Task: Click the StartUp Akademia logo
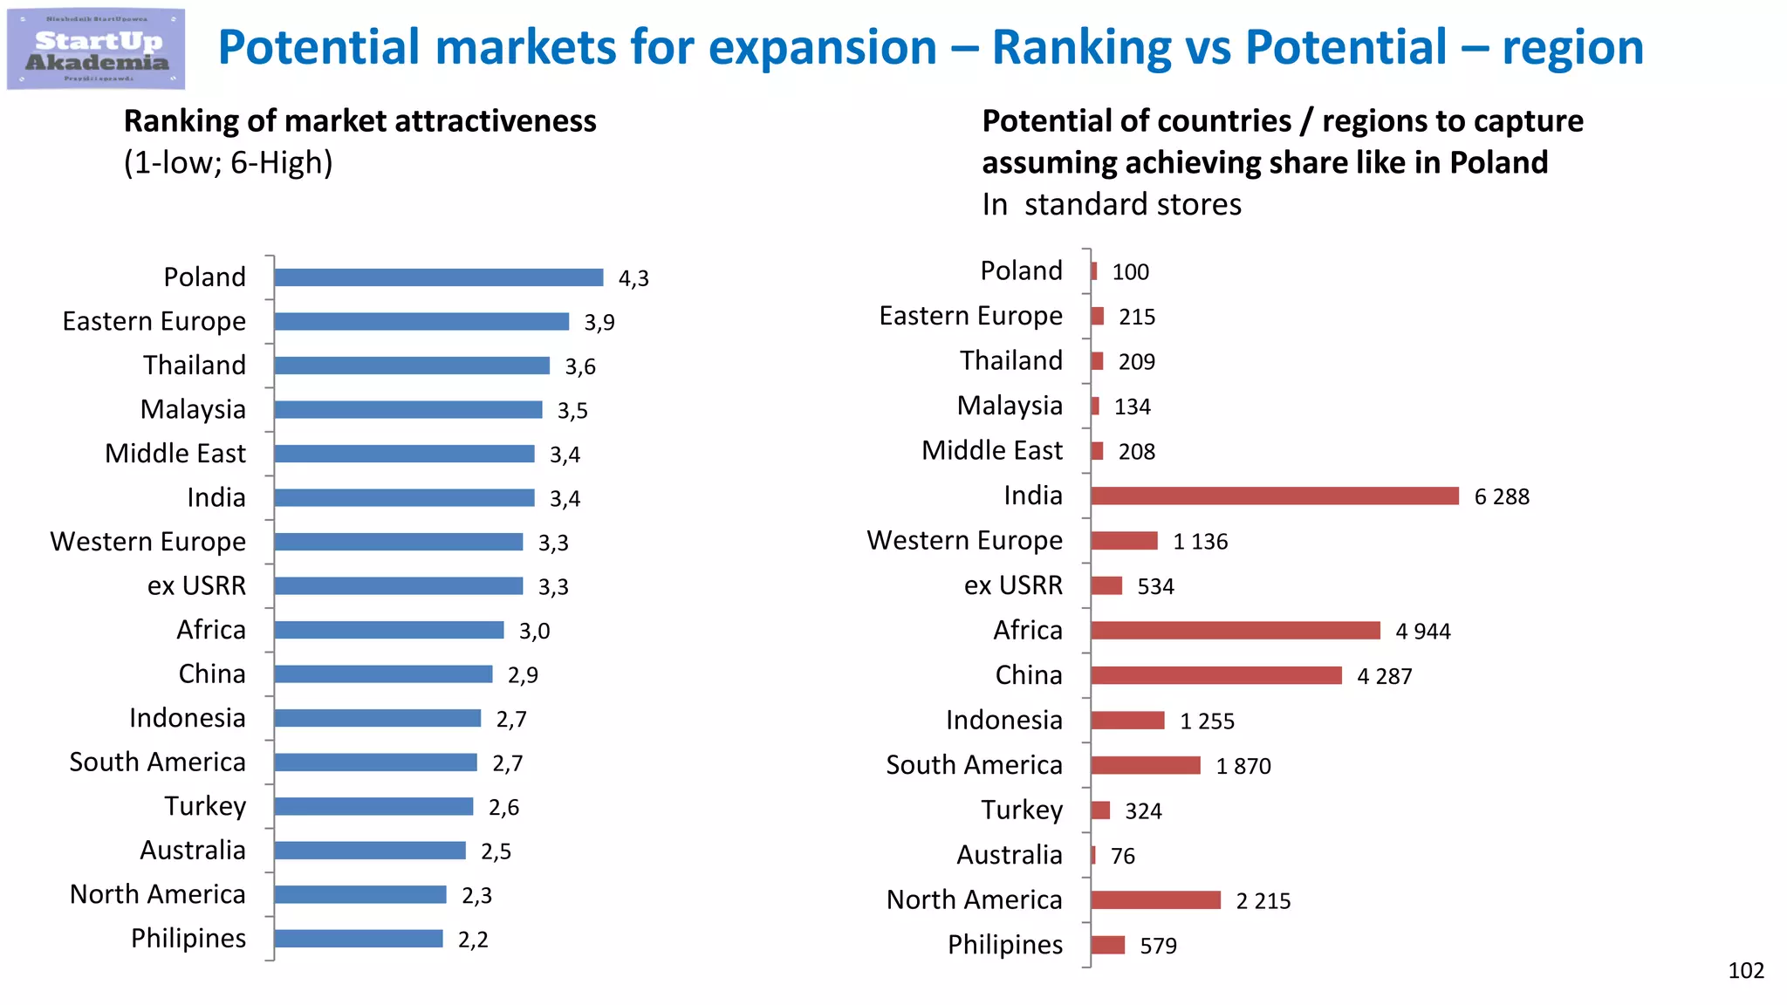[x=96, y=49]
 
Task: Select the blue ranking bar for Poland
[x=438, y=277]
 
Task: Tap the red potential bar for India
[x=1274, y=496]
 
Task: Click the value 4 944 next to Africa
[x=1422, y=632]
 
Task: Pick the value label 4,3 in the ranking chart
[x=633, y=278]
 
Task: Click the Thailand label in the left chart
[x=195, y=365]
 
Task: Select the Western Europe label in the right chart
[x=964, y=541]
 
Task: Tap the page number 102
[x=1745, y=971]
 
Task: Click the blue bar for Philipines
[x=358, y=939]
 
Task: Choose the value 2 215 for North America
[x=1263, y=901]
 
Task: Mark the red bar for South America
[x=1145, y=766]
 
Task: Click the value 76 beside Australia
[x=1122, y=857]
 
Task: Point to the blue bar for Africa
[x=388, y=630]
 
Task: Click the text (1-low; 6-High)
[x=228, y=163]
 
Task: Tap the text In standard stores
[x=1111, y=204]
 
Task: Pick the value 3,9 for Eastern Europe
[x=599, y=323]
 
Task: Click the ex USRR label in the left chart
[x=196, y=585]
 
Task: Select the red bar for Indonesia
[x=1127, y=721]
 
